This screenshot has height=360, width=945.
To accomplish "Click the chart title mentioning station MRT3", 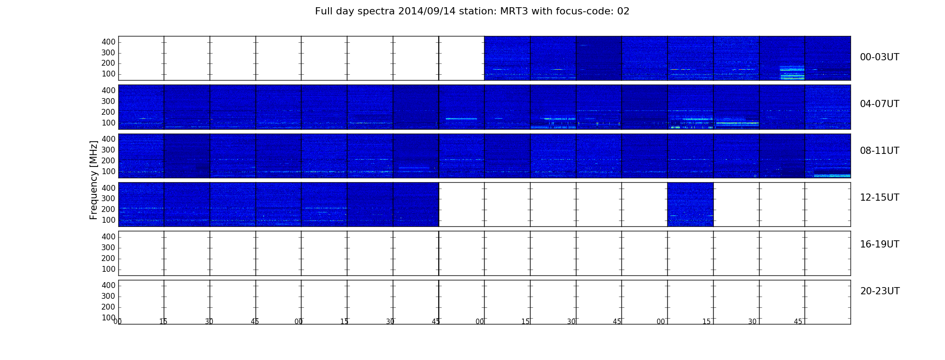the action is (472, 11).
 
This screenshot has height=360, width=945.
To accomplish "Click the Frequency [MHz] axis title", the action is (94, 180).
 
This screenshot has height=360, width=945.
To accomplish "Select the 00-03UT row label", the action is (879, 57).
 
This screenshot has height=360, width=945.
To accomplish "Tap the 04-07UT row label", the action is (879, 104).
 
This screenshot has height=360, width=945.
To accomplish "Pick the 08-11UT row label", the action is (879, 151).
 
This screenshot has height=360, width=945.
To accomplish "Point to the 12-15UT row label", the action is (879, 198).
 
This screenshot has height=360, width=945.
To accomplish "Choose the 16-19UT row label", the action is (879, 244).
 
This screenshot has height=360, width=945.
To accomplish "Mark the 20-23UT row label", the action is (880, 291).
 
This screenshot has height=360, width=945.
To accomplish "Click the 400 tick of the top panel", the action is (108, 42).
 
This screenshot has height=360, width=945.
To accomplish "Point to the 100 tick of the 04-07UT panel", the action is (108, 123).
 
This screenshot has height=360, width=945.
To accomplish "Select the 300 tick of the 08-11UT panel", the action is (108, 150).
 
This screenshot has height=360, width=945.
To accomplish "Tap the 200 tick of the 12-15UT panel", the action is (108, 209).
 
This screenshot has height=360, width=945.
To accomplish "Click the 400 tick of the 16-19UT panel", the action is (108, 237).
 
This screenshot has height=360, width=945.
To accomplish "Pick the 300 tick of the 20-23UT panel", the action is (108, 296).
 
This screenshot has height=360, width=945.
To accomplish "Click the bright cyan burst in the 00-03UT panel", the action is (792, 72).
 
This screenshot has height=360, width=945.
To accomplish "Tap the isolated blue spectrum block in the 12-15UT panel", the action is (690, 204).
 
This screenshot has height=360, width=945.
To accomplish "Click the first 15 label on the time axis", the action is (163, 322).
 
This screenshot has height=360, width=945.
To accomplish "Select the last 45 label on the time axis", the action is (798, 322).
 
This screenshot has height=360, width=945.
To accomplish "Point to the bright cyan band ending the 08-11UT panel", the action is (832, 175).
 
